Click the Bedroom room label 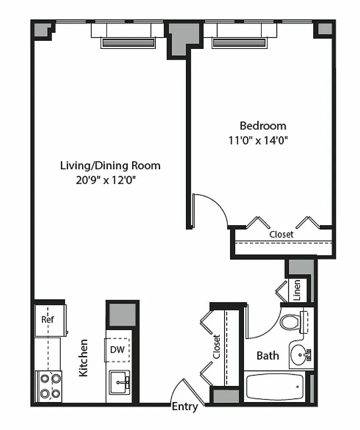263,126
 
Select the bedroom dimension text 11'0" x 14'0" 263,141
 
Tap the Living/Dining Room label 110,166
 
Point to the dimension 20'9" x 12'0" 105,181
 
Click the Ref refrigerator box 49,319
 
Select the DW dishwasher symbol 118,349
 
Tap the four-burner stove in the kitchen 48,385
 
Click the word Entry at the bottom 184,407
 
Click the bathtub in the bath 276,386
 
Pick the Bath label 267,355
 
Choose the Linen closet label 297,290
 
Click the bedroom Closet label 281,235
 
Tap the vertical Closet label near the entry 217,347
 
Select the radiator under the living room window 128,43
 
